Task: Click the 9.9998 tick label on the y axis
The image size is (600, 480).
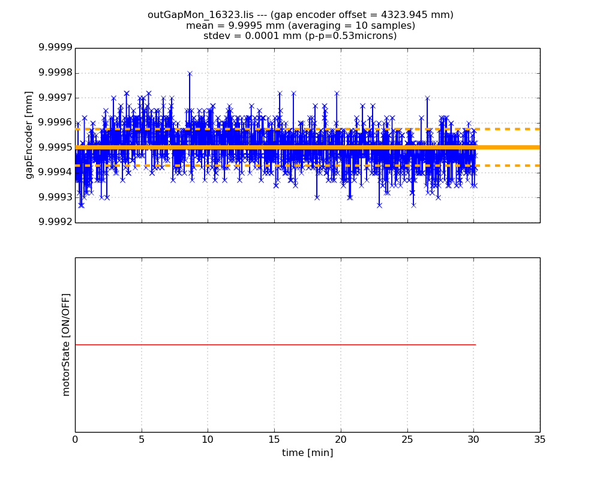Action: tap(55, 73)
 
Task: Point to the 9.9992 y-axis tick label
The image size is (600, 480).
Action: tap(55, 222)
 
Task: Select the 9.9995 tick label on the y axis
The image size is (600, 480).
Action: tap(55, 148)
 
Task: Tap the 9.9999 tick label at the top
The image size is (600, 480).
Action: tap(55, 48)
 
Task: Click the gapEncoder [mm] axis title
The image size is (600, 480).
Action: tap(29, 135)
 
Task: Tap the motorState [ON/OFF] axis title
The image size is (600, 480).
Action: tap(66, 344)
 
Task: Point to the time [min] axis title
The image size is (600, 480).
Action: tap(307, 452)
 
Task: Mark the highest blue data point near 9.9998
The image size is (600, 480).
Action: tap(190, 74)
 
